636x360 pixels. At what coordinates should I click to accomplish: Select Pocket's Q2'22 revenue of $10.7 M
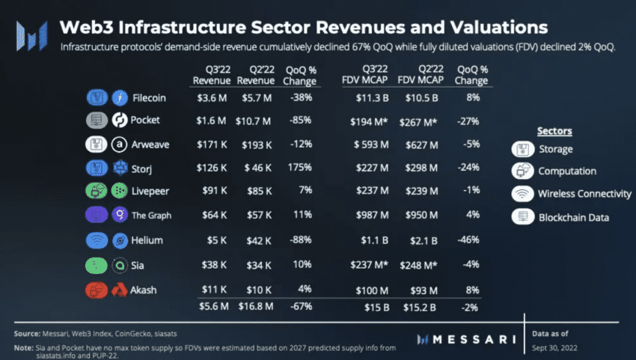257,120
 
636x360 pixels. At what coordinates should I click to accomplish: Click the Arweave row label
152,144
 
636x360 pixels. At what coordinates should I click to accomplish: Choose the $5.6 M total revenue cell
212,305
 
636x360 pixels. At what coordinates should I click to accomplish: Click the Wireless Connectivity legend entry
584,194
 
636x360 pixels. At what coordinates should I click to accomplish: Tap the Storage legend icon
521,148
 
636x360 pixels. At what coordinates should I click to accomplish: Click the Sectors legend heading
554,131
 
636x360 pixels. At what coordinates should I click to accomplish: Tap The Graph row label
151,216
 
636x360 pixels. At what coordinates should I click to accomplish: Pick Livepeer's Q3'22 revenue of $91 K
215,191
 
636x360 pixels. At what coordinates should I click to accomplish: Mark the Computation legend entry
567,171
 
